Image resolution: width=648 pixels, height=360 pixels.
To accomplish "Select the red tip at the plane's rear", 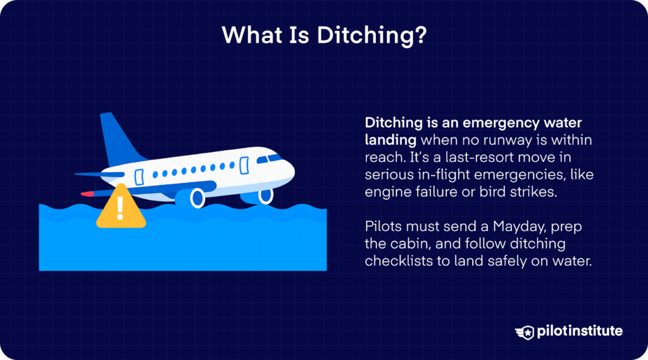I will click(87, 191).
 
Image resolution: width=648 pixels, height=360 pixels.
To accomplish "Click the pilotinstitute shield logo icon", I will click(525, 331).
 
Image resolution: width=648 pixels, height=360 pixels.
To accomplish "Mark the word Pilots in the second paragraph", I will click(383, 227).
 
